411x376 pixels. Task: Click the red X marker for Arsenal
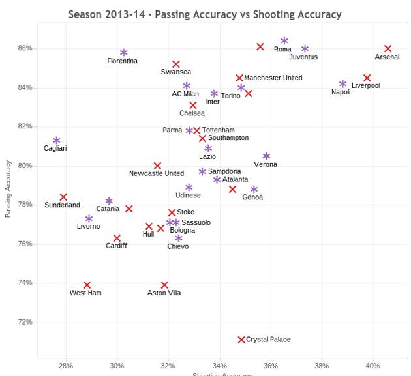click(388, 49)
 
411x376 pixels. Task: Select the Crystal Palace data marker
click(241, 340)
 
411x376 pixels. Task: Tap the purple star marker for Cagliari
click(57, 141)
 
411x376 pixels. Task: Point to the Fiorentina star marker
click(123, 53)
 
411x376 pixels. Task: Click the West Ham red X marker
click(87, 285)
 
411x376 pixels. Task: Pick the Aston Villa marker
click(164, 285)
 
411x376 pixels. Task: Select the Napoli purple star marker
click(342, 84)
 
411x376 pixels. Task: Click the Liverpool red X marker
click(367, 78)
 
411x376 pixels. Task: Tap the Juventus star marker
click(305, 49)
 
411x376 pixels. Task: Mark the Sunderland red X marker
click(63, 197)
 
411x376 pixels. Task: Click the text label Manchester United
click(273, 78)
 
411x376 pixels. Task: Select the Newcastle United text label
click(157, 173)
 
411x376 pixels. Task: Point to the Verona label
click(265, 164)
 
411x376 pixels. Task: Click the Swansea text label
click(176, 72)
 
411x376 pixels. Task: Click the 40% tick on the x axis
click(373, 366)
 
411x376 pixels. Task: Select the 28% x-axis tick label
click(65, 366)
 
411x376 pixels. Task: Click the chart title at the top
click(205, 14)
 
